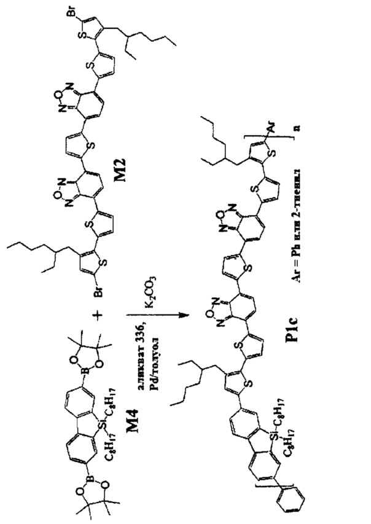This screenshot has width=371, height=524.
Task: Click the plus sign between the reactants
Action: pyautogui.click(x=99, y=315)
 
